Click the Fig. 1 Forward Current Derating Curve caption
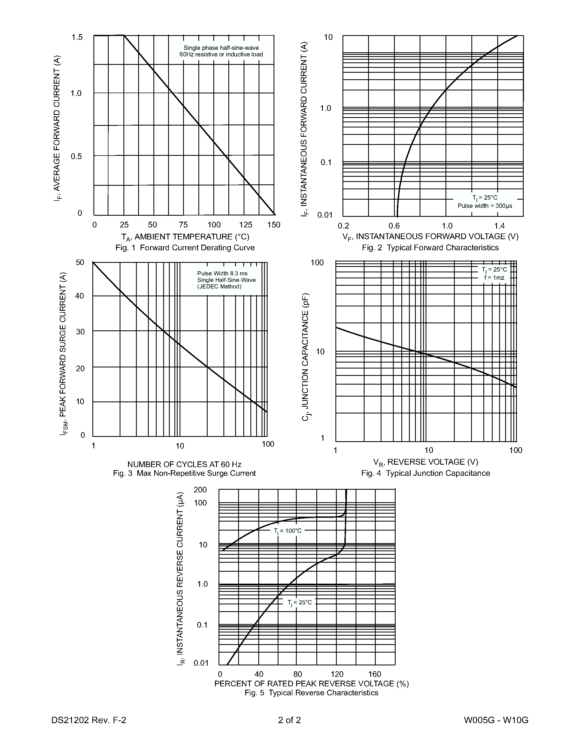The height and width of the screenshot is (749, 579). [x=185, y=248]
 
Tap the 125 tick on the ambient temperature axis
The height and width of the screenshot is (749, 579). [x=245, y=225]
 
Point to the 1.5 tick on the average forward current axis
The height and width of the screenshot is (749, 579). [x=77, y=37]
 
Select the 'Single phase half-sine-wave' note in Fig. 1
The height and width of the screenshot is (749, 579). [x=221, y=48]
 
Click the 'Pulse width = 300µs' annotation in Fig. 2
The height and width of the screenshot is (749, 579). [x=485, y=206]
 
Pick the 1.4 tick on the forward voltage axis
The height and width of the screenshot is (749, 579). [x=499, y=226]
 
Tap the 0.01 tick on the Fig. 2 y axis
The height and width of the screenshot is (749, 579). [x=325, y=215]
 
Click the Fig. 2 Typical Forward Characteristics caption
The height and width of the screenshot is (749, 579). [x=430, y=248]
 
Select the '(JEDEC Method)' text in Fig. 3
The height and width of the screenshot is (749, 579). [x=219, y=286]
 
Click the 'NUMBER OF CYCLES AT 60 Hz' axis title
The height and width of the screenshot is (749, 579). [x=184, y=464]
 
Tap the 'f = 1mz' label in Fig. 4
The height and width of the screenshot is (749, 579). [x=494, y=278]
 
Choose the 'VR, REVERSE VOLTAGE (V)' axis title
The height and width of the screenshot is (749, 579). [x=425, y=462]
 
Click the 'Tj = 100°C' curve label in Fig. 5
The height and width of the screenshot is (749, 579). [x=287, y=531]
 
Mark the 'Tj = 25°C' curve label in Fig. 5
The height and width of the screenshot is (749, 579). [x=299, y=602]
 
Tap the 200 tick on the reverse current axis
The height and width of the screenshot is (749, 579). [x=200, y=490]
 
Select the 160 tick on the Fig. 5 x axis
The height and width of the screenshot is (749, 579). [x=375, y=674]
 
